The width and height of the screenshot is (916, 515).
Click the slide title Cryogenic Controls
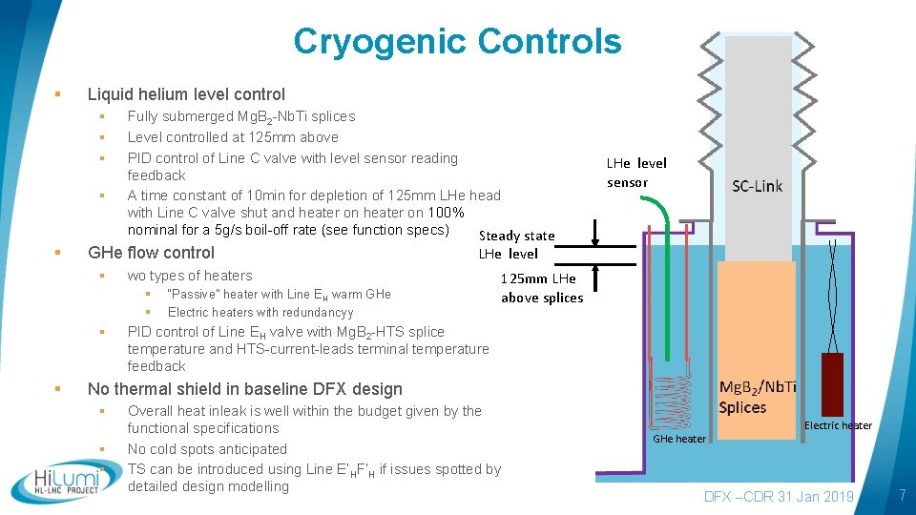point(457,42)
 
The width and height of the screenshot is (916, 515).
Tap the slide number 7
point(901,496)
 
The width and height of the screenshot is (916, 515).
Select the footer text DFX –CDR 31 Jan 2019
point(779,497)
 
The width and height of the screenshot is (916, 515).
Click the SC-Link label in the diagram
point(757,186)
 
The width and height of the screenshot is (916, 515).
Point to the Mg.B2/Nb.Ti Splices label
point(757,397)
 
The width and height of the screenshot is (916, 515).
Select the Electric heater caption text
point(838,425)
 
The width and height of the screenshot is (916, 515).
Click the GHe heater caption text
point(678,439)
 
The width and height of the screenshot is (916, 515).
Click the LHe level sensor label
point(636,173)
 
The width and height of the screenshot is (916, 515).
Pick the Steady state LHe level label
point(515,244)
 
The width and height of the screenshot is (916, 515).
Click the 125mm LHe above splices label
point(541,288)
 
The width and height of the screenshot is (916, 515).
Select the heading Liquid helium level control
point(186,94)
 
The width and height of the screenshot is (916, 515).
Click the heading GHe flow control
point(151,253)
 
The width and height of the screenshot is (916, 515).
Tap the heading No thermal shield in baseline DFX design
point(244,389)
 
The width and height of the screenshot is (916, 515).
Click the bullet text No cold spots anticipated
point(207,449)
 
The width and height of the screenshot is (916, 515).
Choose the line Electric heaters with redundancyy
point(260,312)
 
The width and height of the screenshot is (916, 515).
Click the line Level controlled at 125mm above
point(233,137)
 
